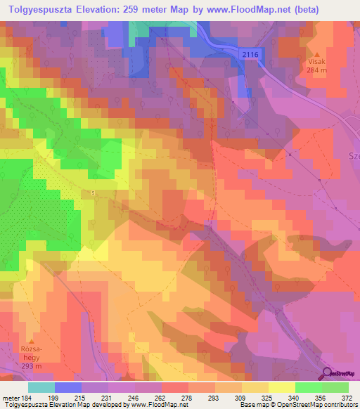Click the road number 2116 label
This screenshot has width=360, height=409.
pyautogui.click(x=249, y=53)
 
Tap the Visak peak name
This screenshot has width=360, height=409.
pyautogui.click(x=316, y=61)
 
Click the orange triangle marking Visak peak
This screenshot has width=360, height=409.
pyautogui.click(x=316, y=54)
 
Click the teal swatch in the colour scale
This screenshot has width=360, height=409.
pyautogui.click(x=41, y=387)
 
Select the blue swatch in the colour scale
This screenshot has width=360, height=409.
pyautogui.click(x=68, y=387)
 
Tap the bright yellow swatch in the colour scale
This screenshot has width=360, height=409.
pyautogui.click(x=282, y=387)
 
